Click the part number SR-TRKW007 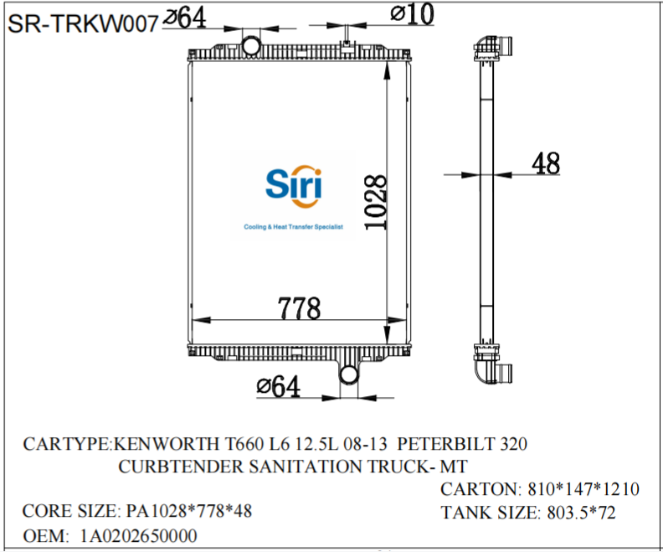point(82,24)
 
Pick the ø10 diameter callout point(411,14)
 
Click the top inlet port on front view point(250,44)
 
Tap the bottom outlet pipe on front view point(349,374)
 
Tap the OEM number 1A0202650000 point(140,536)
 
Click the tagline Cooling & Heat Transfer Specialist point(293,227)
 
